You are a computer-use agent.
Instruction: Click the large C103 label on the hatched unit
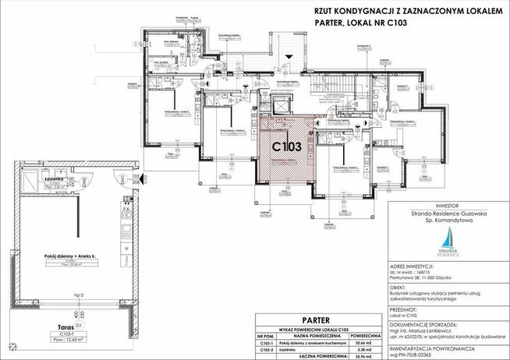(287, 146)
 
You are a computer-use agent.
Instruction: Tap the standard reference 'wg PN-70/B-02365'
(415, 355)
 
